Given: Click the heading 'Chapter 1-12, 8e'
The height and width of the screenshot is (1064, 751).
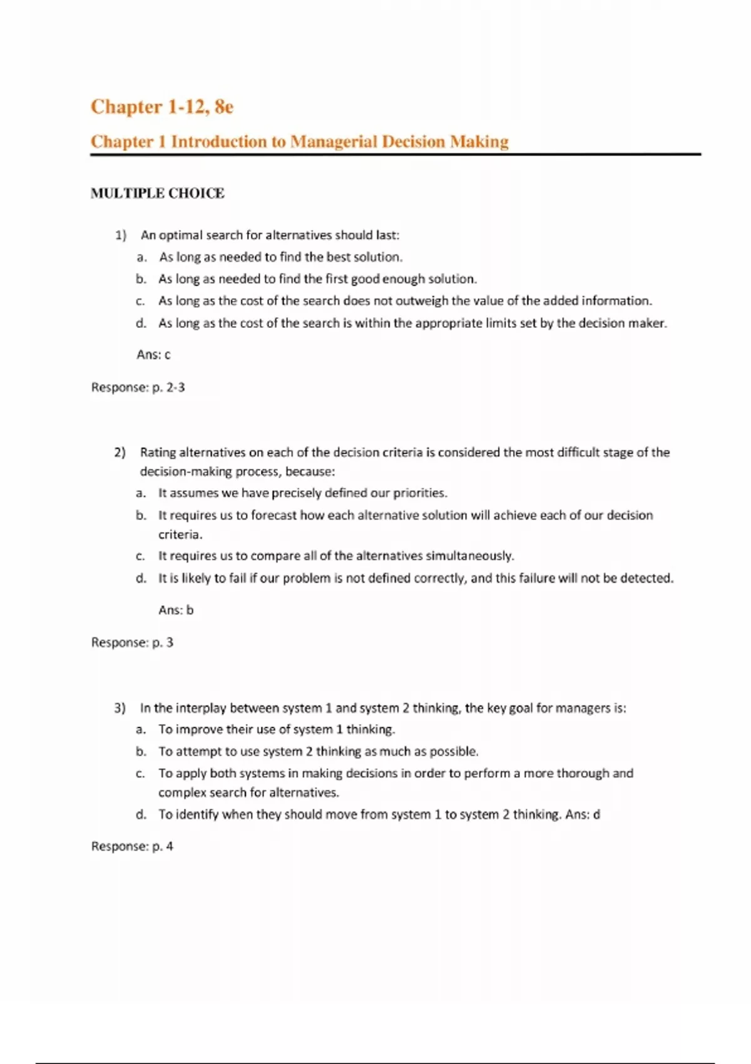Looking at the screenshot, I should (x=162, y=107).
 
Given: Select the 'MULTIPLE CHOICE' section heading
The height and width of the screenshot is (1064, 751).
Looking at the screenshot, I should (x=157, y=193).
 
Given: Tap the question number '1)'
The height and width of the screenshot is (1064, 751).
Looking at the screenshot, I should (x=120, y=235).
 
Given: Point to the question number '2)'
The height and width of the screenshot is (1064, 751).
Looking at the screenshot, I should (x=120, y=453).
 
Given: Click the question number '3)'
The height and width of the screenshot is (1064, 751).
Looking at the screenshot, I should (x=120, y=708).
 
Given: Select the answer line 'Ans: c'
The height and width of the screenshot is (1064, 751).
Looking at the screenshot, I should (x=153, y=355).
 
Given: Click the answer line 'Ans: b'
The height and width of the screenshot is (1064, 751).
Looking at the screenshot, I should (x=176, y=610).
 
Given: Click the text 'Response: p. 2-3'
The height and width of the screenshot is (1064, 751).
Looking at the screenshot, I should (x=138, y=387).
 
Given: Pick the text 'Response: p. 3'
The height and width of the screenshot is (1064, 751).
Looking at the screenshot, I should (x=132, y=642).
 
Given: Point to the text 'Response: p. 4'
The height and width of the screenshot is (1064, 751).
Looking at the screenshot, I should (x=132, y=846).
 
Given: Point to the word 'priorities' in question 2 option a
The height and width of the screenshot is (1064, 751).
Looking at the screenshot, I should (x=419, y=493).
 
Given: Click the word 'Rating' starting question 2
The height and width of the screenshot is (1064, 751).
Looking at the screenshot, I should (x=158, y=453).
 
